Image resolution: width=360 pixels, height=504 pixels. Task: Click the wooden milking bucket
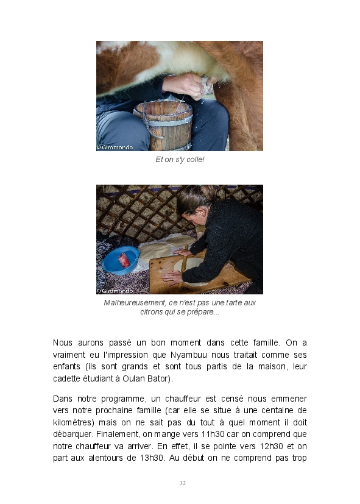tap(163, 125)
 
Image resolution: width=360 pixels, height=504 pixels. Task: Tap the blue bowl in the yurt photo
tap(121, 260)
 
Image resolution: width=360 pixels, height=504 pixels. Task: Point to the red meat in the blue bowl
tap(124, 260)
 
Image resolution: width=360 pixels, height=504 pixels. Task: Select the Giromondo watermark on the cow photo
tap(115, 147)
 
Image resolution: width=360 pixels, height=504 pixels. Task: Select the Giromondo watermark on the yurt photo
tap(115, 291)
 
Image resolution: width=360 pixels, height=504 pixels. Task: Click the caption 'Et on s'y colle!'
tap(180, 160)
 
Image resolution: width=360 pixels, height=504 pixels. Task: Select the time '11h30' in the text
tap(213, 434)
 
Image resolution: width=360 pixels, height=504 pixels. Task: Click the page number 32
tap(182, 483)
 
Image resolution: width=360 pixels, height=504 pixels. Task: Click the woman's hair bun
tap(208, 192)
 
